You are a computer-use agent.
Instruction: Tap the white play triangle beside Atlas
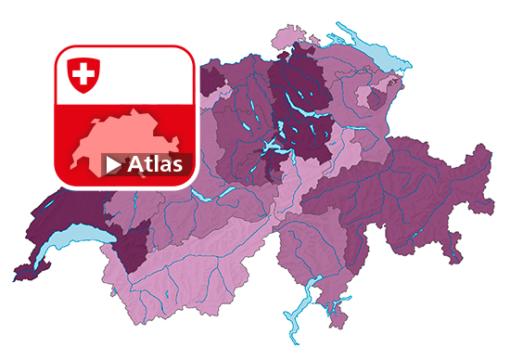[113, 165]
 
